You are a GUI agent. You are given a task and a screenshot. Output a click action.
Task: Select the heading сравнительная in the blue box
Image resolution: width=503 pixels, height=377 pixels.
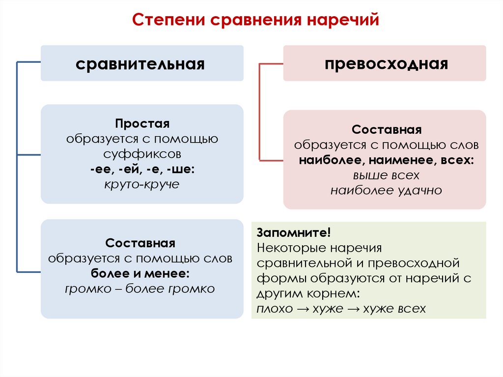pyautogui.click(x=140, y=64)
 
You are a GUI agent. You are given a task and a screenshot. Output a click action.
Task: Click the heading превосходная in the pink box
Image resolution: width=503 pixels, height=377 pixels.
pyautogui.click(x=386, y=64)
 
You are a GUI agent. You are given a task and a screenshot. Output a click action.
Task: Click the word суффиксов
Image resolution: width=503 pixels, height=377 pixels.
pyautogui.click(x=142, y=154)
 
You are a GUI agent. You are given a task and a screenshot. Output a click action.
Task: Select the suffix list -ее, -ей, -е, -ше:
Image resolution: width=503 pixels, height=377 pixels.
pyautogui.click(x=142, y=169)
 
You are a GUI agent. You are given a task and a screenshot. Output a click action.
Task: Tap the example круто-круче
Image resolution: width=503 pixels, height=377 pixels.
pyautogui.click(x=142, y=184)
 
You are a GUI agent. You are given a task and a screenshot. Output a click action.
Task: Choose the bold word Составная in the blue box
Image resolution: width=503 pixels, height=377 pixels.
pyautogui.click(x=140, y=243)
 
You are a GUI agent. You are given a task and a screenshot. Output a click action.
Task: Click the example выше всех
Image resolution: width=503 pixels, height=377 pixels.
pyautogui.click(x=387, y=175)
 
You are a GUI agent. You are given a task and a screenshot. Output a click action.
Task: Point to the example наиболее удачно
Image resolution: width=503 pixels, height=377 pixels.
pyautogui.click(x=387, y=190)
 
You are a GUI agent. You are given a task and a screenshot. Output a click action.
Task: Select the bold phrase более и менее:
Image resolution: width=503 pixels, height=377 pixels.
pyautogui.click(x=140, y=273)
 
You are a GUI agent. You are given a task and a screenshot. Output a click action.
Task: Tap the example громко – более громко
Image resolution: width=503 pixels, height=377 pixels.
pyautogui.click(x=140, y=289)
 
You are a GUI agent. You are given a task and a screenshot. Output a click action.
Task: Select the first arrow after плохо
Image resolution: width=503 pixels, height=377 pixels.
pyautogui.click(x=302, y=309)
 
